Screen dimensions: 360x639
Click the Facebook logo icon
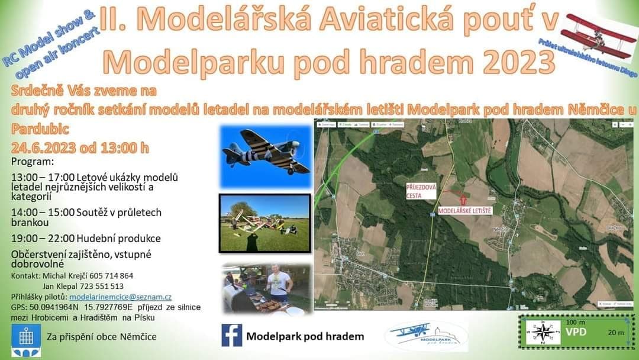pos(232,335)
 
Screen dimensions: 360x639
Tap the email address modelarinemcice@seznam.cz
pos(120,297)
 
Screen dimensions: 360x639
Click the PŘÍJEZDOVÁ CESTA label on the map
pos(421,190)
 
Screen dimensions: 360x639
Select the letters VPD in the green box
pos(576,332)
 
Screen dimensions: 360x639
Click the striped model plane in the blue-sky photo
pos(266,154)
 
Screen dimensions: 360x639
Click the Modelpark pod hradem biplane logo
pos(425,336)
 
